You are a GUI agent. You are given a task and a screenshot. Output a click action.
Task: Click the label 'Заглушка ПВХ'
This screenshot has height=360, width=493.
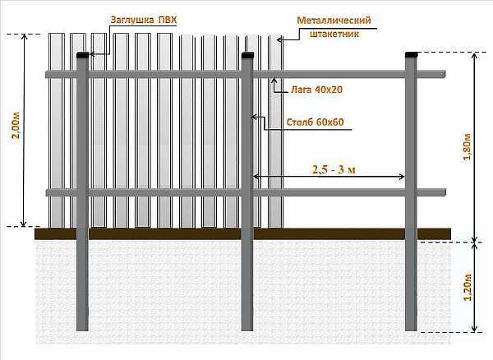click(x=144, y=20)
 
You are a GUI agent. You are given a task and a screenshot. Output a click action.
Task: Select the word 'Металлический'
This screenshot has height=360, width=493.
click(x=334, y=21)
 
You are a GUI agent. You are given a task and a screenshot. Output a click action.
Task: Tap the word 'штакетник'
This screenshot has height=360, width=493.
click(x=334, y=34)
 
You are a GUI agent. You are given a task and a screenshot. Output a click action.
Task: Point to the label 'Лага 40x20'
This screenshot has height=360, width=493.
click(x=316, y=90)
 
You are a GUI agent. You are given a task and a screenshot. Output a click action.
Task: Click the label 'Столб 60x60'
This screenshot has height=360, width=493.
click(x=315, y=122)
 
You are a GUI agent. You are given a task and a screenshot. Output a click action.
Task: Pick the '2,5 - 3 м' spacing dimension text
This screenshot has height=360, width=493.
click(x=334, y=170)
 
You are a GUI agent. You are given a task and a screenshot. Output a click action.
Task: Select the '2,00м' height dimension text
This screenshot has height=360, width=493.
click(x=16, y=125)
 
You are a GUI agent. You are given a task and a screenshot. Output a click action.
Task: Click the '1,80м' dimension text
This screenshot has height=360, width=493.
click(x=468, y=147)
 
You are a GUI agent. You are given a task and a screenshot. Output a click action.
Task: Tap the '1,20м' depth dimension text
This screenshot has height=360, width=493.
click(x=468, y=287)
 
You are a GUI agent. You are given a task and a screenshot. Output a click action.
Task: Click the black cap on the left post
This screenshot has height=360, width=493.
click(x=83, y=55)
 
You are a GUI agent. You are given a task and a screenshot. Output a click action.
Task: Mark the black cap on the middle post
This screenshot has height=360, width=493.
click(x=247, y=55)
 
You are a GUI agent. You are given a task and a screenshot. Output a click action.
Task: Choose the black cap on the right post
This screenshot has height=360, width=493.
click(x=412, y=55)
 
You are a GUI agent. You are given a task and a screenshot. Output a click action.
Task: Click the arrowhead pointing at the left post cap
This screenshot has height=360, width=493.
click(x=92, y=54)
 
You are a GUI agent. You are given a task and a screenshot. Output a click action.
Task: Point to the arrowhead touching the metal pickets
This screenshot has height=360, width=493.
click(x=279, y=39)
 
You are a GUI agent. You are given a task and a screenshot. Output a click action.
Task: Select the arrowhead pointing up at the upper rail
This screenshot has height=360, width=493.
click(x=274, y=80)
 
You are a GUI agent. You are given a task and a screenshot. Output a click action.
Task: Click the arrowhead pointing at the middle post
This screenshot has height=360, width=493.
click(x=253, y=118)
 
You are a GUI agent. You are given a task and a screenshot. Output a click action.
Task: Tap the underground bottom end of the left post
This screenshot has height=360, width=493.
click(x=82, y=330)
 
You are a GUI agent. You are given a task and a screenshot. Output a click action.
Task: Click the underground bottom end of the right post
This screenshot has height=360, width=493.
click(x=411, y=330)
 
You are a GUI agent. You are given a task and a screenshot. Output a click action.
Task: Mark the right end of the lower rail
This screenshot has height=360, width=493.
click(x=445, y=192)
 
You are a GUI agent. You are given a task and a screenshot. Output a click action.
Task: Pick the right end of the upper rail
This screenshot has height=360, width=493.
click(x=445, y=74)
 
